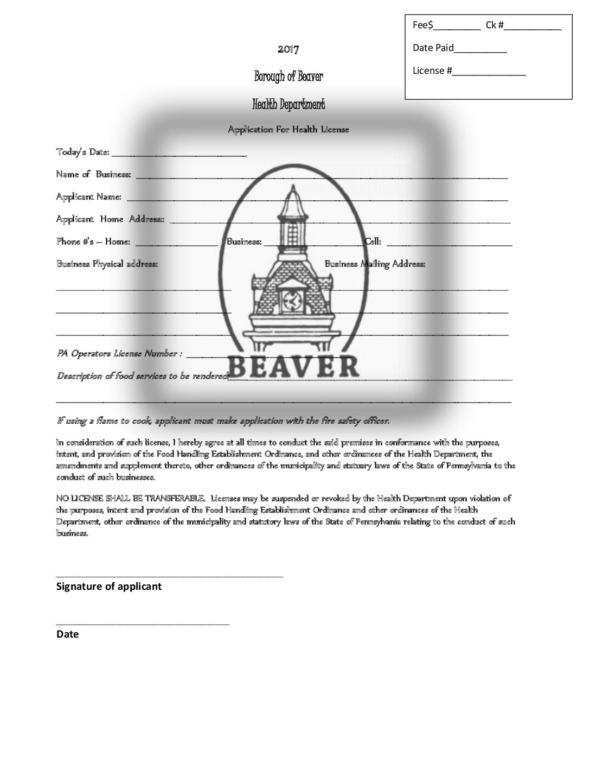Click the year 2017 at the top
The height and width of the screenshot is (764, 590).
(x=288, y=49)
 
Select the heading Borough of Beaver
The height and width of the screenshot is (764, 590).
(x=288, y=77)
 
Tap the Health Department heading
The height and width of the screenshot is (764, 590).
(x=288, y=104)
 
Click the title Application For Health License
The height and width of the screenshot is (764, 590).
(x=288, y=129)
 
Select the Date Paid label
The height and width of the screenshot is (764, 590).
(x=433, y=48)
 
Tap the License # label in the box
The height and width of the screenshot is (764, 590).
(x=432, y=71)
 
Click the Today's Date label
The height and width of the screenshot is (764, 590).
(x=83, y=152)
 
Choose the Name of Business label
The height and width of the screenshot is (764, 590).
(x=93, y=174)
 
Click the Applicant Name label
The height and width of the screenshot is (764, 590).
(x=89, y=196)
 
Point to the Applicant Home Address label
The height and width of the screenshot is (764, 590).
(x=110, y=219)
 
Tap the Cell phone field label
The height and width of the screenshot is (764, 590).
(x=373, y=241)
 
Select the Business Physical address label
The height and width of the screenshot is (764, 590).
(x=107, y=264)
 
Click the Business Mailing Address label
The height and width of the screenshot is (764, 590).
(x=375, y=264)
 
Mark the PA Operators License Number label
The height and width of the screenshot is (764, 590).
(x=119, y=353)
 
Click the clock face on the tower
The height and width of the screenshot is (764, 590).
(x=291, y=300)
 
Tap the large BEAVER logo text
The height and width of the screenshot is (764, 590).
(x=293, y=367)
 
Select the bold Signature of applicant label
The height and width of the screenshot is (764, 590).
(x=109, y=586)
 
